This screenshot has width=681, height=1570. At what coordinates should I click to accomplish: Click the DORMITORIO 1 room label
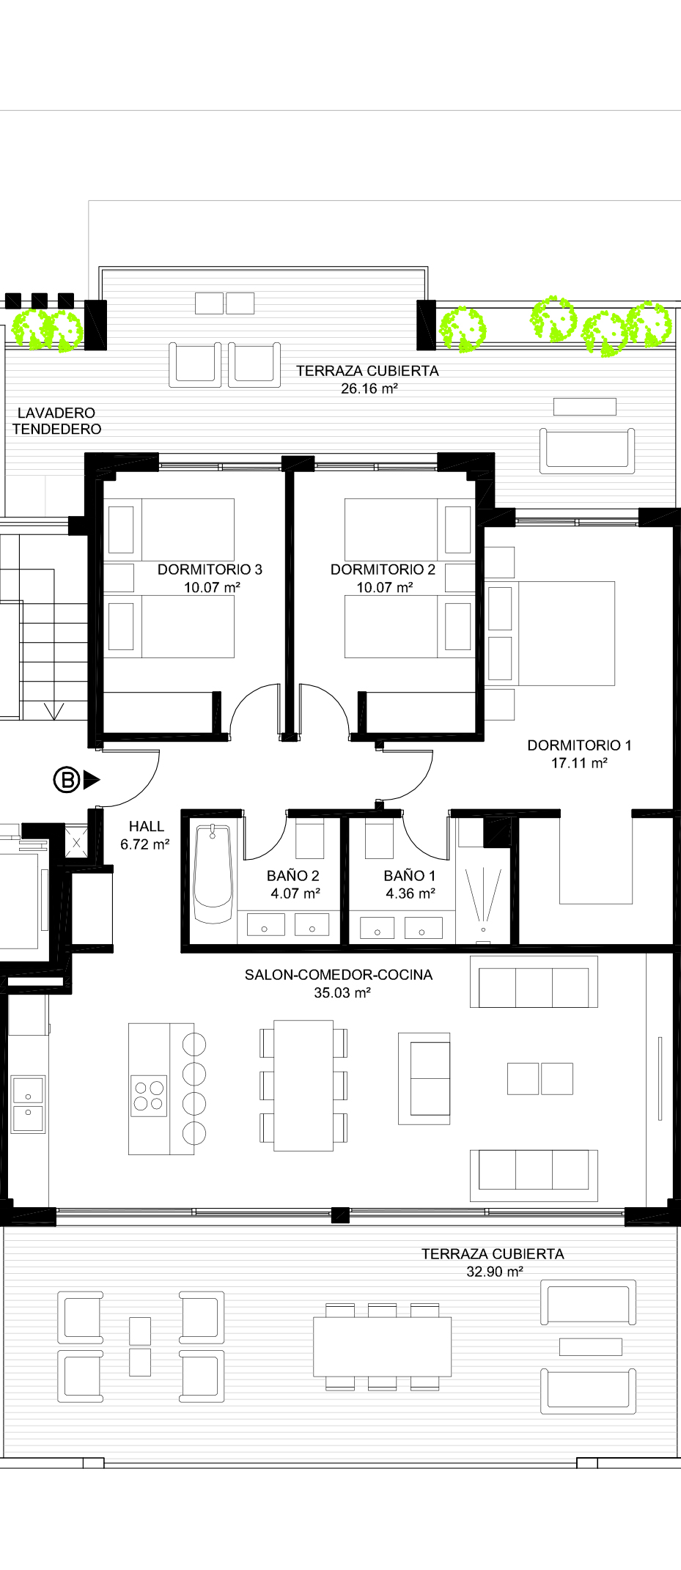[579, 745]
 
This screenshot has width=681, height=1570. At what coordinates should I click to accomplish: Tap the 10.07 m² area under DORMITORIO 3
[212, 587]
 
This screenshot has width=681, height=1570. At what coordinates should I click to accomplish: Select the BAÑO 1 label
[410, 875]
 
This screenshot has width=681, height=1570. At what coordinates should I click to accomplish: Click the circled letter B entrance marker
[67, 779]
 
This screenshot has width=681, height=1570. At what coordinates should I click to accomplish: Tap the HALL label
[147, 826]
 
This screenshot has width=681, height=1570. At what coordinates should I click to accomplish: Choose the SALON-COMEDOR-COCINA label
[339, 975]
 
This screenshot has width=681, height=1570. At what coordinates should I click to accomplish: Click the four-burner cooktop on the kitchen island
[149, 1096]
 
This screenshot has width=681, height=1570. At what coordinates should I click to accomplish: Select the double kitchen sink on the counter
[28, 1104]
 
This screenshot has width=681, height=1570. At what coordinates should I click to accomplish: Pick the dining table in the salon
[303, 1085]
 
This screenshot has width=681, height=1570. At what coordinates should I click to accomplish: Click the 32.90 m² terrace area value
[495, 1272]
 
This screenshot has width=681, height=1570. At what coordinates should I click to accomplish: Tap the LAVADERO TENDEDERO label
[56, 421]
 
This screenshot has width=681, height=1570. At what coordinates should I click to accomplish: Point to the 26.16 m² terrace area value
[369, 388]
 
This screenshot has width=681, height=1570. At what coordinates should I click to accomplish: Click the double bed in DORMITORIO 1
[550, 633]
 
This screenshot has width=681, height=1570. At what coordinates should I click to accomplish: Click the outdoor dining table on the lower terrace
[382, 1346]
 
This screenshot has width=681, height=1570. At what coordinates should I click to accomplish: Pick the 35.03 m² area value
[342, 993]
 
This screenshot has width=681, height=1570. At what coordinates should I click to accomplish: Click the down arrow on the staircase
[54, 710]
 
